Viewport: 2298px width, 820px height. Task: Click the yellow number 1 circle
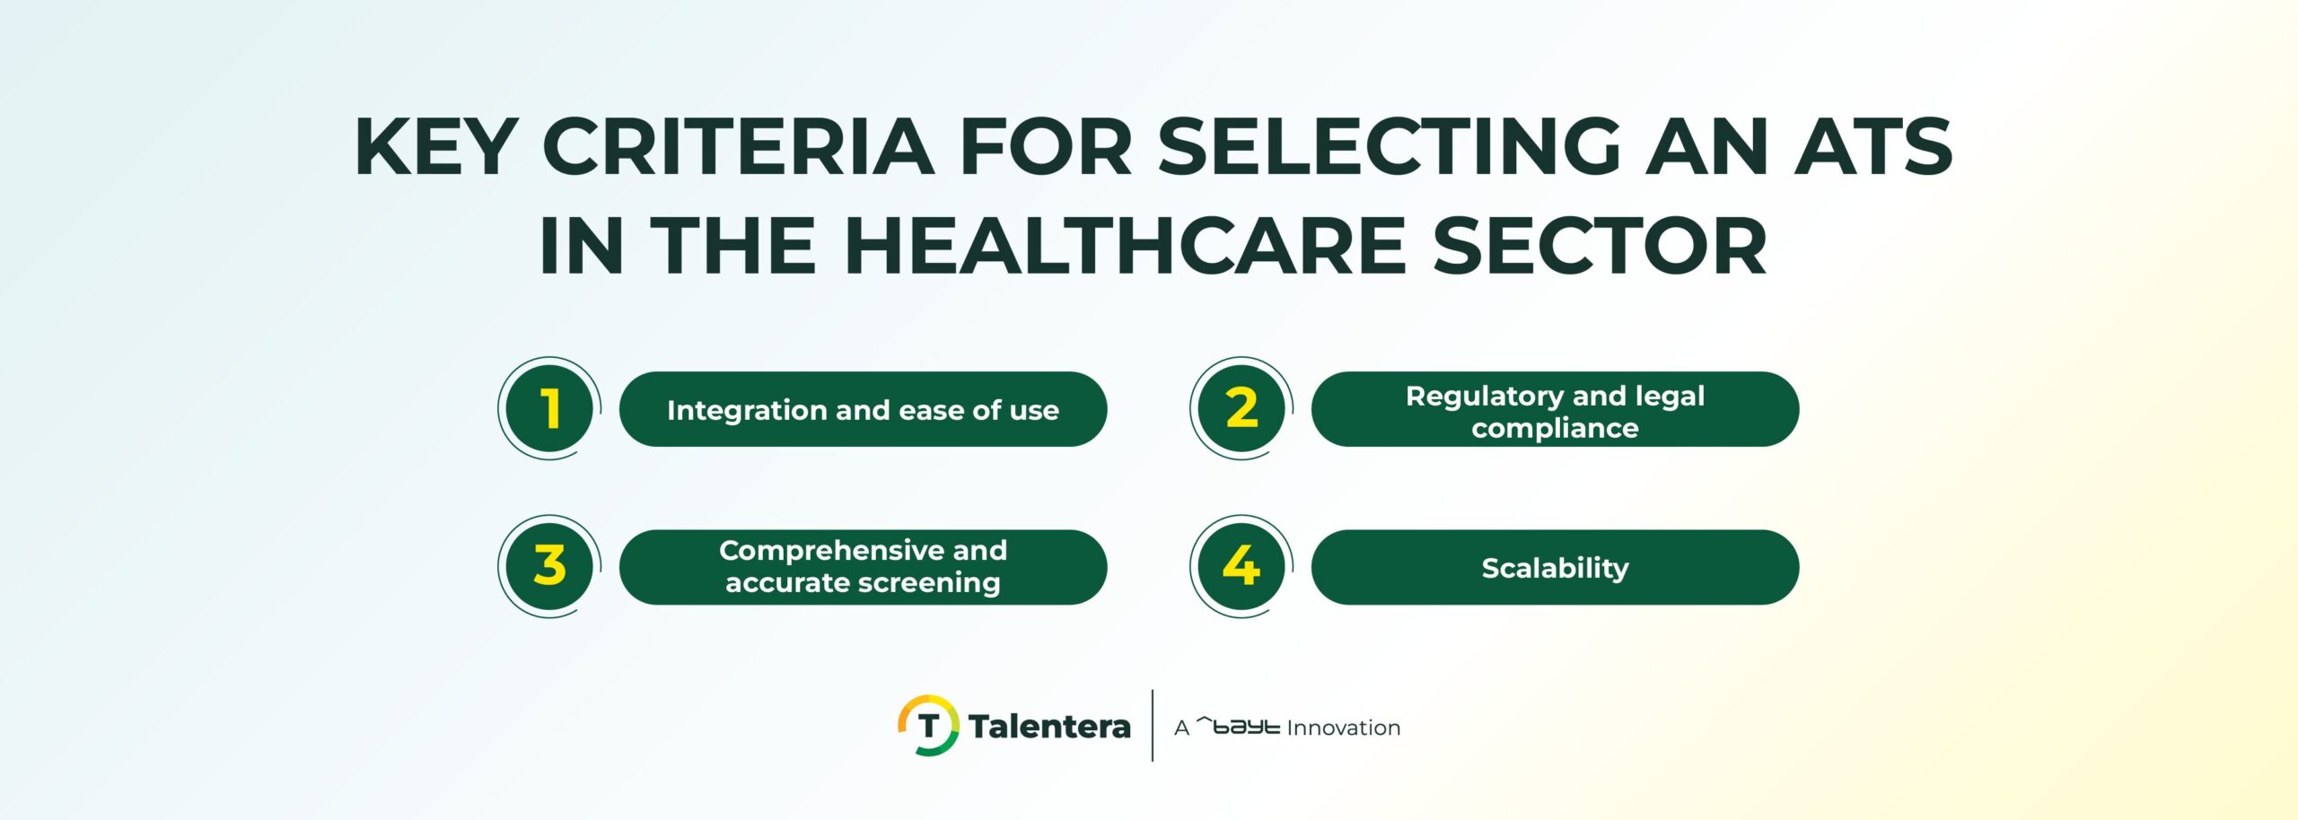coord(549,409)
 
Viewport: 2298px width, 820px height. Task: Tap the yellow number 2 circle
coord(1241,409)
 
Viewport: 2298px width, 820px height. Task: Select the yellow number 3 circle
coord(549,566)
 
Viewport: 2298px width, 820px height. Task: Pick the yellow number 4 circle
coord(1241,566)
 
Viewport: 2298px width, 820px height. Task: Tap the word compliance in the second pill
coord(1555,428)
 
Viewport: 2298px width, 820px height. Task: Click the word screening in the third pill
coord(938,583)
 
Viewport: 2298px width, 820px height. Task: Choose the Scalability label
coord(1555,568)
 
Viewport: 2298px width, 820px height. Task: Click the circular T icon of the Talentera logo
coord(928,725)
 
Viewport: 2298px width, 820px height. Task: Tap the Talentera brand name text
coord(1049,726)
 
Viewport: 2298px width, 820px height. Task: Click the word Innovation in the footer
coord(1343,728)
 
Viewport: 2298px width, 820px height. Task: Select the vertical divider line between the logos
coord(1153,725)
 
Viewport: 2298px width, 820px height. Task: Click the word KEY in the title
coord(436,147)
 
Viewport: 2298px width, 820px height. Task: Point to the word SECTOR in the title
coord(1599,246)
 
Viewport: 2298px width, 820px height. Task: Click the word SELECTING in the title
coord(1389,147)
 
